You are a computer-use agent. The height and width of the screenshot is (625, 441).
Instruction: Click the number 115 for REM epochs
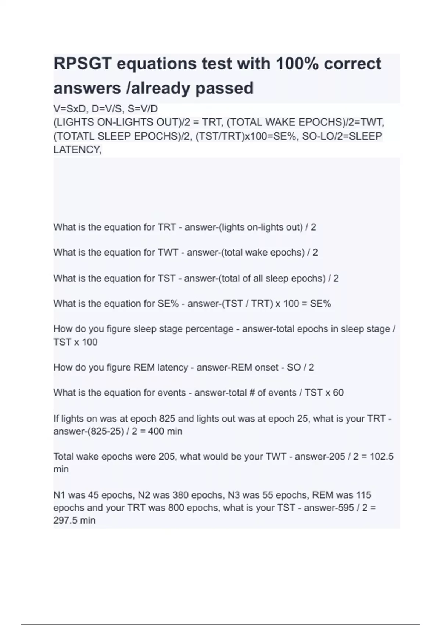click(363, 495)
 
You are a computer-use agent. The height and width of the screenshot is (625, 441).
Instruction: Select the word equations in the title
click(157, 64)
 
